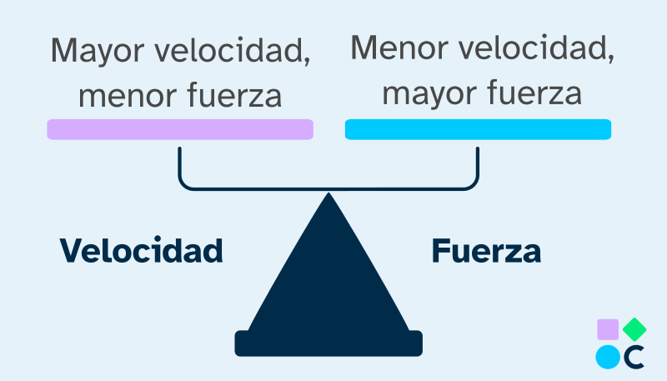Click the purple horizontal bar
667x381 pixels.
pos(180,129)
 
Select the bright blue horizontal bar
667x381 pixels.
pos(478,129)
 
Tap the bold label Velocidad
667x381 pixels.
pos(141,250)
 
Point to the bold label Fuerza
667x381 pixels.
pos(486,250)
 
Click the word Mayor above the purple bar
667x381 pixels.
pos(93,53)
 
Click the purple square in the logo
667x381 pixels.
pos(609,329)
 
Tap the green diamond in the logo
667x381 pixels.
pos(635,328)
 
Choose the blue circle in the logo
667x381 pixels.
pos(609,356)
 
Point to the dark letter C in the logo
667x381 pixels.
pos(635,356)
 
